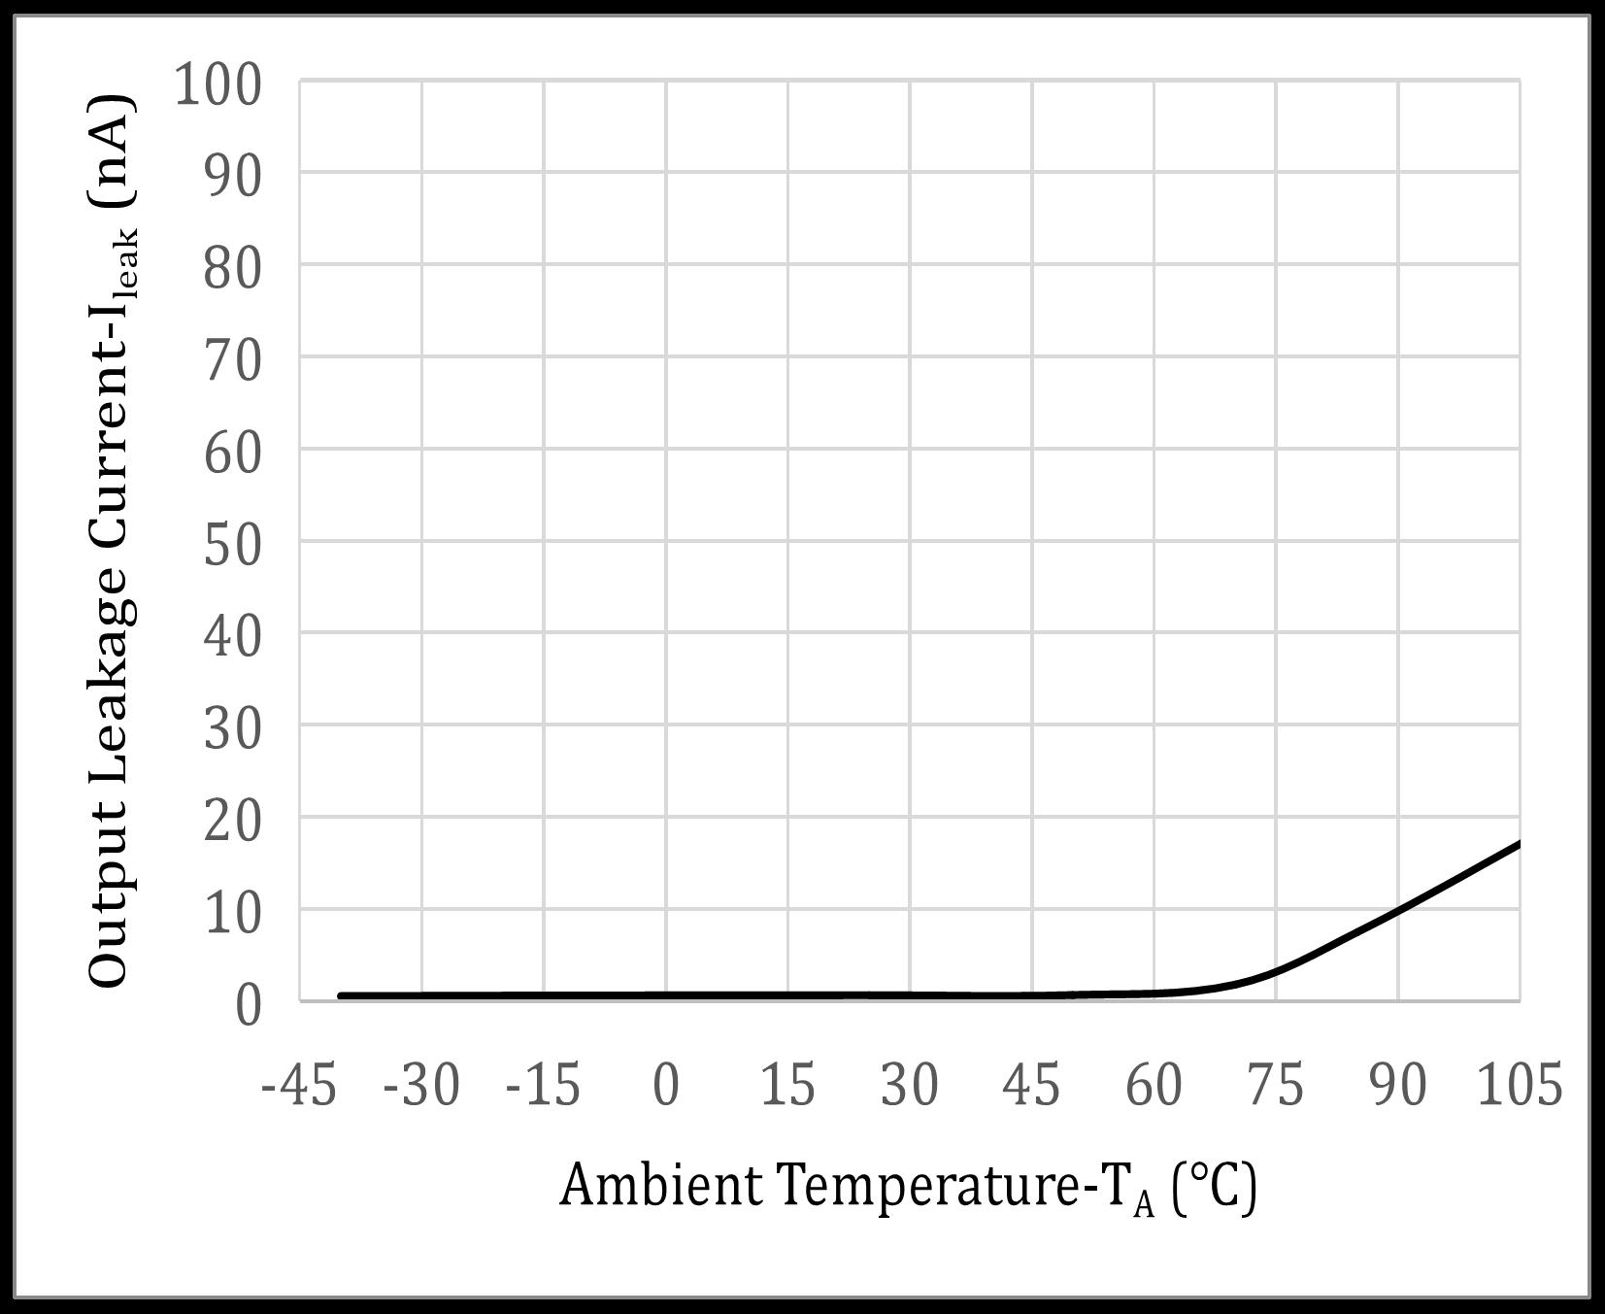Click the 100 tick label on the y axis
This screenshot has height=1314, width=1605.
click(217, 84)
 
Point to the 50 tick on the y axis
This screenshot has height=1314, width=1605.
click(233, 544)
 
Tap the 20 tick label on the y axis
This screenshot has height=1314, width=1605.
click(233, 822)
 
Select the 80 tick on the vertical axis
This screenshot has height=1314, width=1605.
click(233, 268)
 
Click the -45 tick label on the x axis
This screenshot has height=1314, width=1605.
click(299, 1084)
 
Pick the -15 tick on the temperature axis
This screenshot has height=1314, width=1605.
click(543, 1084)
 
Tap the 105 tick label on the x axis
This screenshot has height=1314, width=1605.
click(1520, 1084)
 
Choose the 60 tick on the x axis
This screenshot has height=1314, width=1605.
click(1154, 1084)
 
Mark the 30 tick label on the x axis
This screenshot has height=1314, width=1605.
click(910, 1084)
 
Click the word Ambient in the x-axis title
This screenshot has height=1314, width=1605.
click(661, 1185)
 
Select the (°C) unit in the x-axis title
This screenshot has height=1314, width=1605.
click(1214, 1187)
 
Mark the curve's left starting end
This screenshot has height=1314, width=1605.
click(340, 995)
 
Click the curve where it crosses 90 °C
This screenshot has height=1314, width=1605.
click(1398, 910)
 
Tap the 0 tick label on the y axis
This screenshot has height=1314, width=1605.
click(249, 1004)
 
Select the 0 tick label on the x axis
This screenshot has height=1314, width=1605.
click(666, 1084)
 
